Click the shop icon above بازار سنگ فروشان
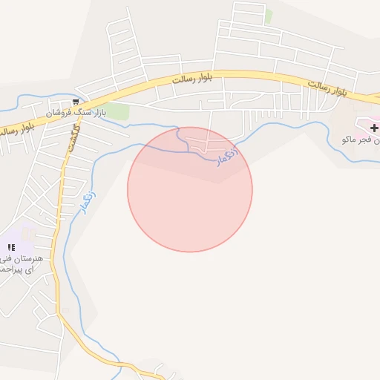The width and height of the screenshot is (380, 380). [x=76, y=102]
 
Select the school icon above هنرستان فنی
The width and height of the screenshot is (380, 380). [x=10, y=246]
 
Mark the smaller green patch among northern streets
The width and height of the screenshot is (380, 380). [x=269, y=15]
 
